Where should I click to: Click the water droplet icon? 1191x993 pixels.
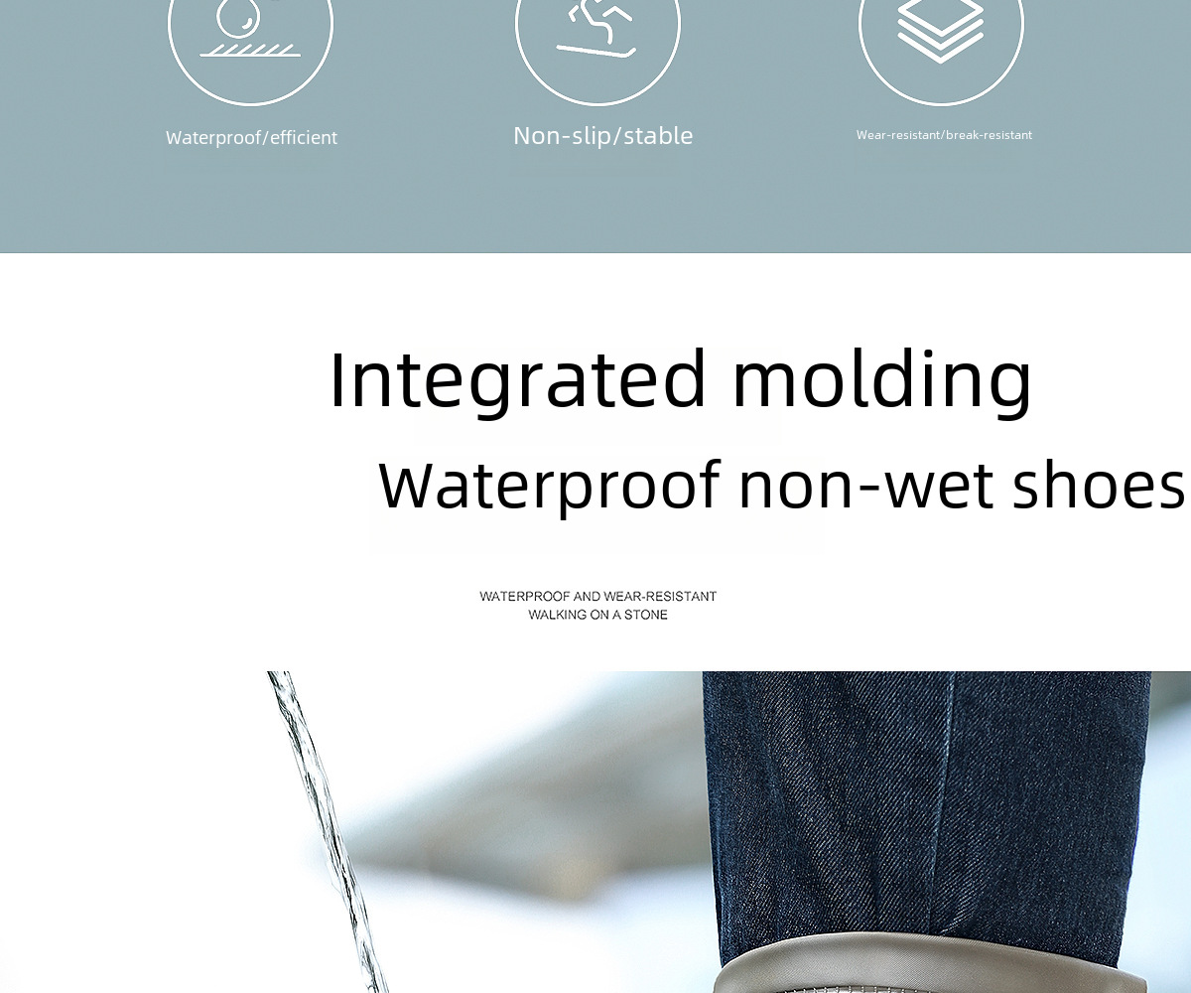tap(238, 17)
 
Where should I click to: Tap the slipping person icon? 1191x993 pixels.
tap(596, 29)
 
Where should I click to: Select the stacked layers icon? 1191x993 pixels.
tap(941, 30)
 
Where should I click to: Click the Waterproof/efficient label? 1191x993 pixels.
tap(251, 138)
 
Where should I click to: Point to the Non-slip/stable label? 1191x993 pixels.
tap(602, 136)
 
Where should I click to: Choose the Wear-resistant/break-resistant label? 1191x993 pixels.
tap(944, 135)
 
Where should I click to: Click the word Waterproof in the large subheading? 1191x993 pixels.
tap(549, 486)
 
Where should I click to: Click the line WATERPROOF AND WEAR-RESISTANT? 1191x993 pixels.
tap(597, 597)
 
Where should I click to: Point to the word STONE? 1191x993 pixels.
tap(646, 615)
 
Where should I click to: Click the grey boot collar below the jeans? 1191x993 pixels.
tap(930, 964)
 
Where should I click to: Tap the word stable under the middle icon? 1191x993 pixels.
tap(658, 136)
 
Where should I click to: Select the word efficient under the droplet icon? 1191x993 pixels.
tap(304, 138)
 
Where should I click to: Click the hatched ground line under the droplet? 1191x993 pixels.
tap(250, 51)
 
